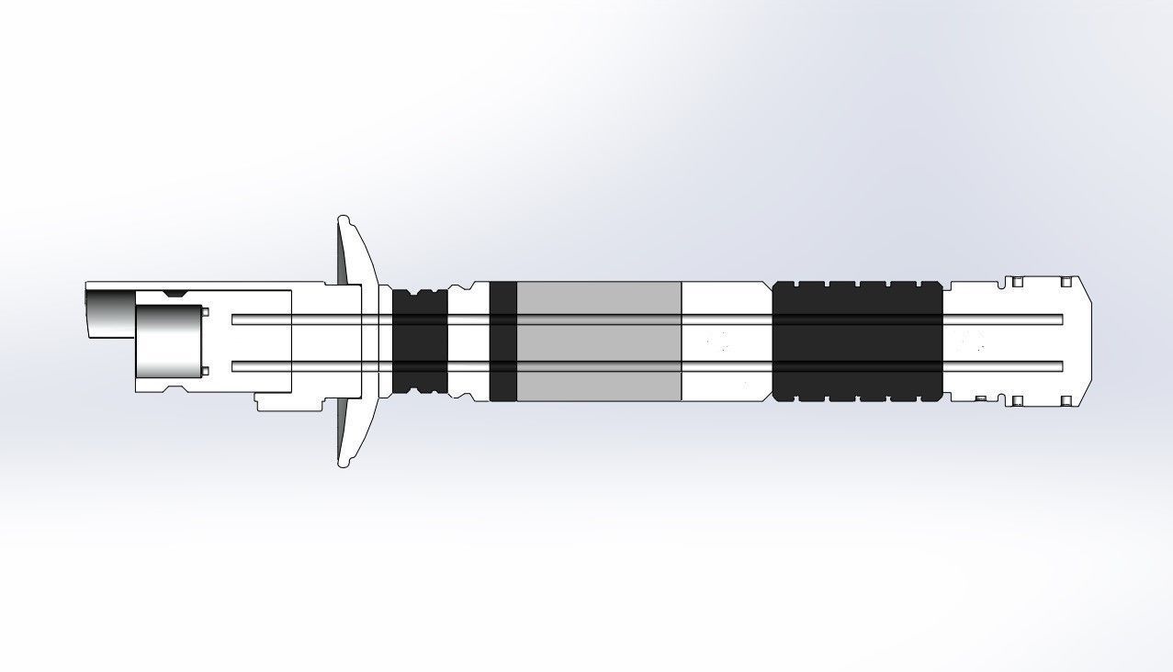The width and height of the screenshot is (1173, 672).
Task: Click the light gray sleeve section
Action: coord(599,341)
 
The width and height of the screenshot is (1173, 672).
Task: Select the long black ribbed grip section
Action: coord(857,341)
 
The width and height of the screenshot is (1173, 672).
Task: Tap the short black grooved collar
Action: coord(420,341)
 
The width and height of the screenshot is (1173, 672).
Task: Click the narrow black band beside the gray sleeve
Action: coord(502,341)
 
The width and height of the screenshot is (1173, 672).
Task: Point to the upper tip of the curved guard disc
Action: coord(344,219)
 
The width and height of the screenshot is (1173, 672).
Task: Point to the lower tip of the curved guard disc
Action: coord(344,465)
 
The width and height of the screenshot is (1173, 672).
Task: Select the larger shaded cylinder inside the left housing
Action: coord(168,342)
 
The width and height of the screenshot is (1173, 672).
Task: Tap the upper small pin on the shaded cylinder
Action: coord(205,312)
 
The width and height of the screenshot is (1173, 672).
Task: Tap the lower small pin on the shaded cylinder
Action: coord(205,371)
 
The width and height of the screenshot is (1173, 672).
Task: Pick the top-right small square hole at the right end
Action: coord(1066,282)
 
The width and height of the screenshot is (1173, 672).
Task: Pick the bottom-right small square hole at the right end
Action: coord(1066,401)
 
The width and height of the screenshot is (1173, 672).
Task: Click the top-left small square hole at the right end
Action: coord(1018,282)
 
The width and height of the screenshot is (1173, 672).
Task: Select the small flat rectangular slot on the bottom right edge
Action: coord(981,398)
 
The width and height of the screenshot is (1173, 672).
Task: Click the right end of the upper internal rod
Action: coord(1060,319)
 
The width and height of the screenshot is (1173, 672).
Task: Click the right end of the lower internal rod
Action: coord(1060,366)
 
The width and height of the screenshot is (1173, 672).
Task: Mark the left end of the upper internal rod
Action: coord(235,319)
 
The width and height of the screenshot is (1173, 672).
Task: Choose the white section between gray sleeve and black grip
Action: coord(726,341)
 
